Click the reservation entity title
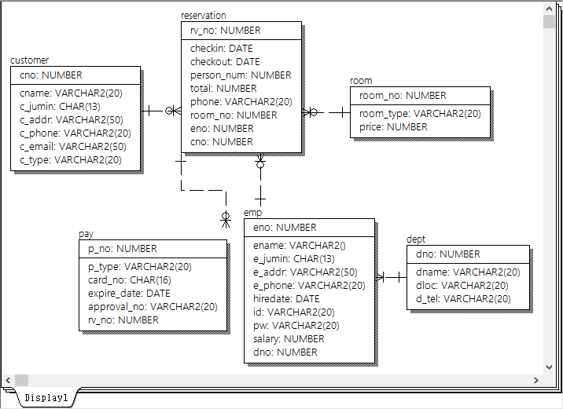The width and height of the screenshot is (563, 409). click(203, 15)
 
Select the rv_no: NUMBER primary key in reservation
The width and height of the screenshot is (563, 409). click(226, 31)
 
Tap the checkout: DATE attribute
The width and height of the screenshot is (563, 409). click(225, 61)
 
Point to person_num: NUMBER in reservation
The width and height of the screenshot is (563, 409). click(241, 75)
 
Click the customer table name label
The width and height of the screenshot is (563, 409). click(29, 60)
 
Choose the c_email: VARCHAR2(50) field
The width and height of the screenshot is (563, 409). click(72, 146)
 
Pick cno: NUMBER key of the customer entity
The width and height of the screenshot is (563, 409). click(50, 75)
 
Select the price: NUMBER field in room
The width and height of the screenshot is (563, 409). click(393, 126)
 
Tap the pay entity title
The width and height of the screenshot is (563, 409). click(86, 234)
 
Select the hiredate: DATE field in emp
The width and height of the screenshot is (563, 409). click(286, 298)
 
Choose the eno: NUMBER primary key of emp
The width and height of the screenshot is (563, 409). click(285, 227)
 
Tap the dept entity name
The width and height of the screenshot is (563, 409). click(416, 239)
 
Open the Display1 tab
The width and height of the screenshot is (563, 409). click(46, 397)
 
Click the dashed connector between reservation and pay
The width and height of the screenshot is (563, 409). click(203, 189)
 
